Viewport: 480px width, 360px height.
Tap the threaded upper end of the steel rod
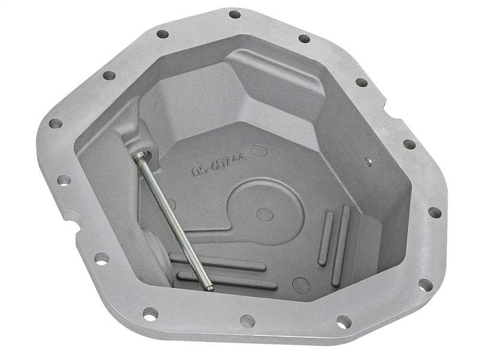[x=139, y=157]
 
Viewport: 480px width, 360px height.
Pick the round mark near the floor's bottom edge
[x=301, y=285]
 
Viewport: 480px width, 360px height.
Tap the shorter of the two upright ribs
[x=326, y=230]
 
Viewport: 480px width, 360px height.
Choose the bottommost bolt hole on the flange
[x=247, y=321]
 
